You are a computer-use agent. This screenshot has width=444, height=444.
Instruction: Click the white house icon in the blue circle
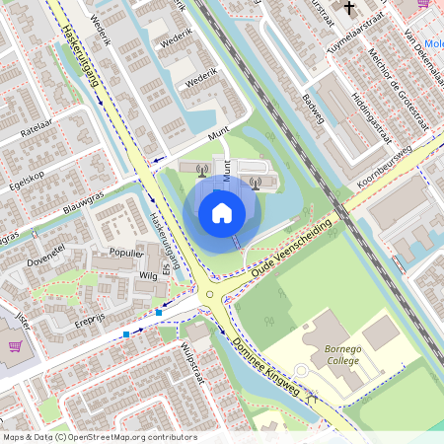222,212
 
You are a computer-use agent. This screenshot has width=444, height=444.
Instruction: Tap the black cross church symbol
346,8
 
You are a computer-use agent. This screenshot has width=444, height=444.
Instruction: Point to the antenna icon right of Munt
256,181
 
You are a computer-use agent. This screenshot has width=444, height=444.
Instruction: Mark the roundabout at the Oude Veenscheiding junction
208,293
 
